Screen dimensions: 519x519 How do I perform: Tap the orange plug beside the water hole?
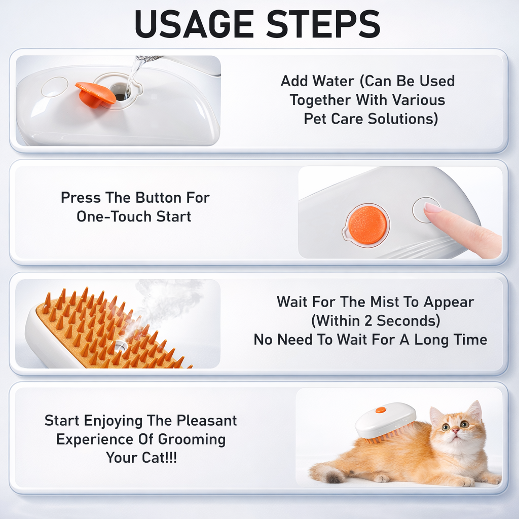[x=95, y=94]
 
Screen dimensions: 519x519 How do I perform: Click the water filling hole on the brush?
[x=120, y=92]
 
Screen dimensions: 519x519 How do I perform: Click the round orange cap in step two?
[x=367, y=225]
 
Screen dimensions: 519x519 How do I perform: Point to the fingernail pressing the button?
[x=432, y=208]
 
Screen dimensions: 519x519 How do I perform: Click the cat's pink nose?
[x=455, y=431]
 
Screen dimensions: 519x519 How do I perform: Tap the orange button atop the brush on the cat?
[x=380, y=410]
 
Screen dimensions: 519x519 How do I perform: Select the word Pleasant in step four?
[x=207, y=421]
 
